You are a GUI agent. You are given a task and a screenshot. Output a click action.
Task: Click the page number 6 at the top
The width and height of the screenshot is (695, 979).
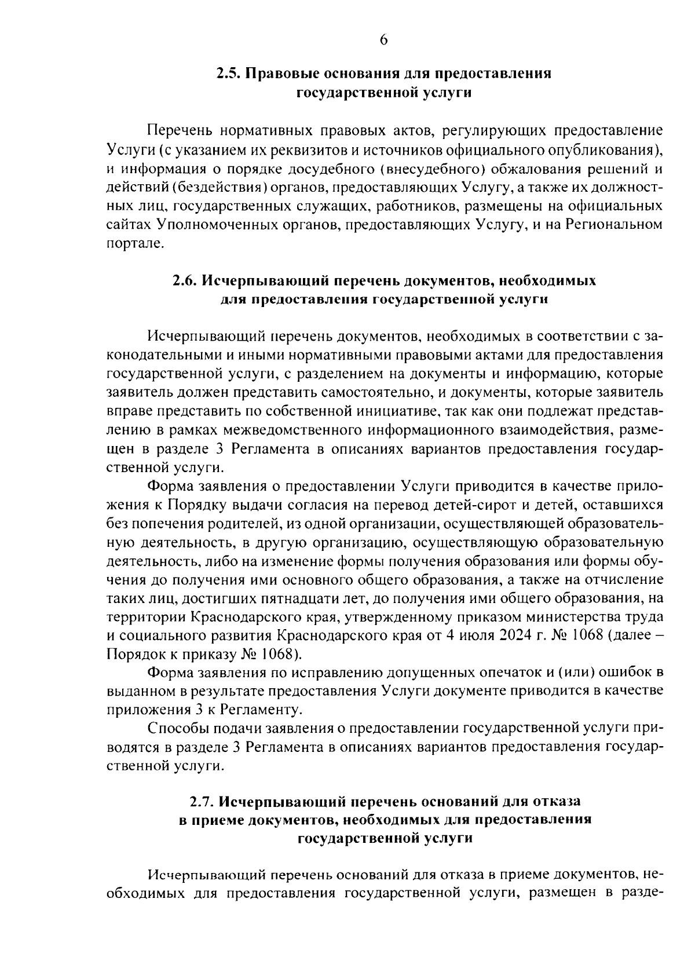(x=383, y=40)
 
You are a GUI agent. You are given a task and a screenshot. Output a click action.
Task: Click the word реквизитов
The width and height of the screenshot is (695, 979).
(x=292, y=150)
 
